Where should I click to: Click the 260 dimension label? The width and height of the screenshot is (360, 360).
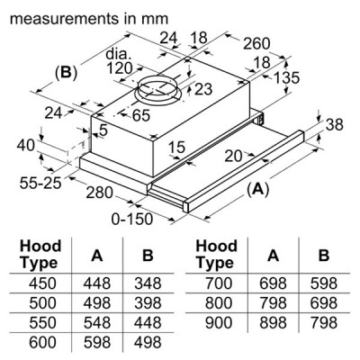[x=256, y=44]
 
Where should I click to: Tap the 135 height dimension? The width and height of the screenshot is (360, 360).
[x=287, y=77]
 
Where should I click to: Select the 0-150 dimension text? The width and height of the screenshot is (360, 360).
[x=132, y=219]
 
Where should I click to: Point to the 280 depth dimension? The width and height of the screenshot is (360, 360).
[x=99, y=193]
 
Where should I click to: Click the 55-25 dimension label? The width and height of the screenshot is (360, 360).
[x=40, y=183]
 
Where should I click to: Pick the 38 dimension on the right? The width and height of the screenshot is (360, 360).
[x=335, y=124]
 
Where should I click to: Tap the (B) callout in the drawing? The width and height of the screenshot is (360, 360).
[x=66, y=73]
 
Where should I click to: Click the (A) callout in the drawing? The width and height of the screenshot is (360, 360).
[x=257, y=189]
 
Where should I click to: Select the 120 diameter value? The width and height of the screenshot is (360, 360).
[x=120, y=68]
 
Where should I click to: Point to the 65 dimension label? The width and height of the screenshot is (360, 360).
[x=141, y=115]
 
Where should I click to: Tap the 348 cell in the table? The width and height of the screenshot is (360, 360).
[x=148, y=283]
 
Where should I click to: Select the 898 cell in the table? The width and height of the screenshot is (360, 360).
[x=273, y=323]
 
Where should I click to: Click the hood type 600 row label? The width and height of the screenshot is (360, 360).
[x=42, y=342]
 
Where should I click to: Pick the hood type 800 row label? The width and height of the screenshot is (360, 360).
[x=219, y=303]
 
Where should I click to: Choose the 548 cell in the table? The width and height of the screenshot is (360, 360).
[x=97, y=323]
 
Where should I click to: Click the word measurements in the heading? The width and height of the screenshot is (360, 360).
[x=64, y=19]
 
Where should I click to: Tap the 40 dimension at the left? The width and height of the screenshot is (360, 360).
[x=26, y=146]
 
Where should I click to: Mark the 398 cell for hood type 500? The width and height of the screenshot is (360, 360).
[x=148, y=303]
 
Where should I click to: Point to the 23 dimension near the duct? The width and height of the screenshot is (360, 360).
[x=203, y=89]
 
